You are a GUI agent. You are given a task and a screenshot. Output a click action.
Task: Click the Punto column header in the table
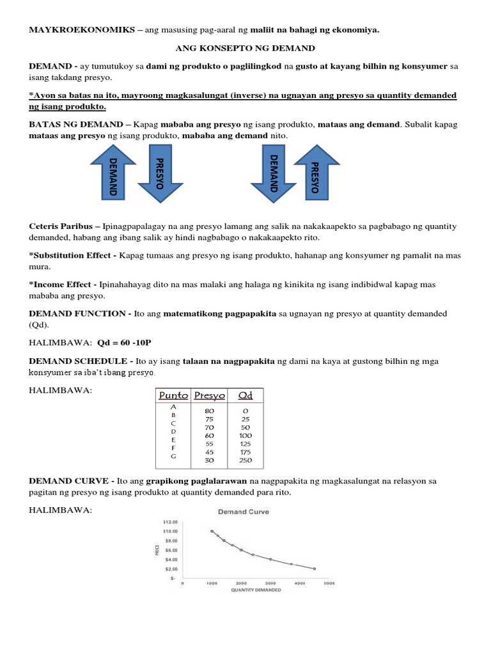pos(173,396)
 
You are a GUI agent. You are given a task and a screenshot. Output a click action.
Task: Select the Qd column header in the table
pos(245,396)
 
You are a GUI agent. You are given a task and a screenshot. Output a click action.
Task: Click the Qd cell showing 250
pos(245,461)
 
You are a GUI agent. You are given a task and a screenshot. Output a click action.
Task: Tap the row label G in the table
pos(173,457)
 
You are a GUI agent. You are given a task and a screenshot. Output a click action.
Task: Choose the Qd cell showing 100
pos(245,436)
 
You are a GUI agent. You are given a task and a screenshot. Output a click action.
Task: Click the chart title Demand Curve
pos(244,512)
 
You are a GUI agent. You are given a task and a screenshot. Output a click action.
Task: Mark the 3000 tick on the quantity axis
pos(270,583)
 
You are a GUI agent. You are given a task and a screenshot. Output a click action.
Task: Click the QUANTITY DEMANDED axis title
pos(256,590)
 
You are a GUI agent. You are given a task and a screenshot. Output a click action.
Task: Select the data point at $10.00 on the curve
pos(212,531)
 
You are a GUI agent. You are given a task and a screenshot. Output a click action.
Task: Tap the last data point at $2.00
pos(315,569)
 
